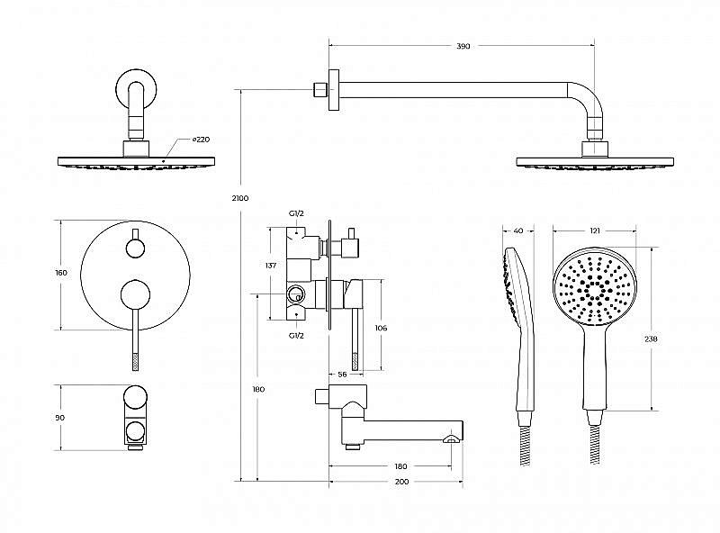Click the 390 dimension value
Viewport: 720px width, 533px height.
point(463,46)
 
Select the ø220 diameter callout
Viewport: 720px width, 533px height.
point(201,140)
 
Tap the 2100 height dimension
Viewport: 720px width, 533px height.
point(240,198)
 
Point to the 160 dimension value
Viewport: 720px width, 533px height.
point(61,273)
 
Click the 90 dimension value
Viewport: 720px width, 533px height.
point(60,418)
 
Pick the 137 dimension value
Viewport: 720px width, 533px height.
point(271,265)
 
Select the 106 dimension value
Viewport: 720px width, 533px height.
point(381,328)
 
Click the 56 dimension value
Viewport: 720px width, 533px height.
point(342,375)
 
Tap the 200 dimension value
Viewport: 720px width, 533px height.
point(401,482)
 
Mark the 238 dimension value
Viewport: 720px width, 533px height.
point(651,339)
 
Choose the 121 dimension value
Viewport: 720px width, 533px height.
point(595,230)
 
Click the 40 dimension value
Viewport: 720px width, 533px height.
point(518,230)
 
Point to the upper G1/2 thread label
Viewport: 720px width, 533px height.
point(296,213)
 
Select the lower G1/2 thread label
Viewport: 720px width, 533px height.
point(296,336)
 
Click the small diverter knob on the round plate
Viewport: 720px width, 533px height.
point(135,248)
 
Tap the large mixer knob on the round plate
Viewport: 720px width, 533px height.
point(135,294)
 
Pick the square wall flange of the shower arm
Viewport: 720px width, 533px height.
point(334,90)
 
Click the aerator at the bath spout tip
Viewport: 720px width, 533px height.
point(451,439)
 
